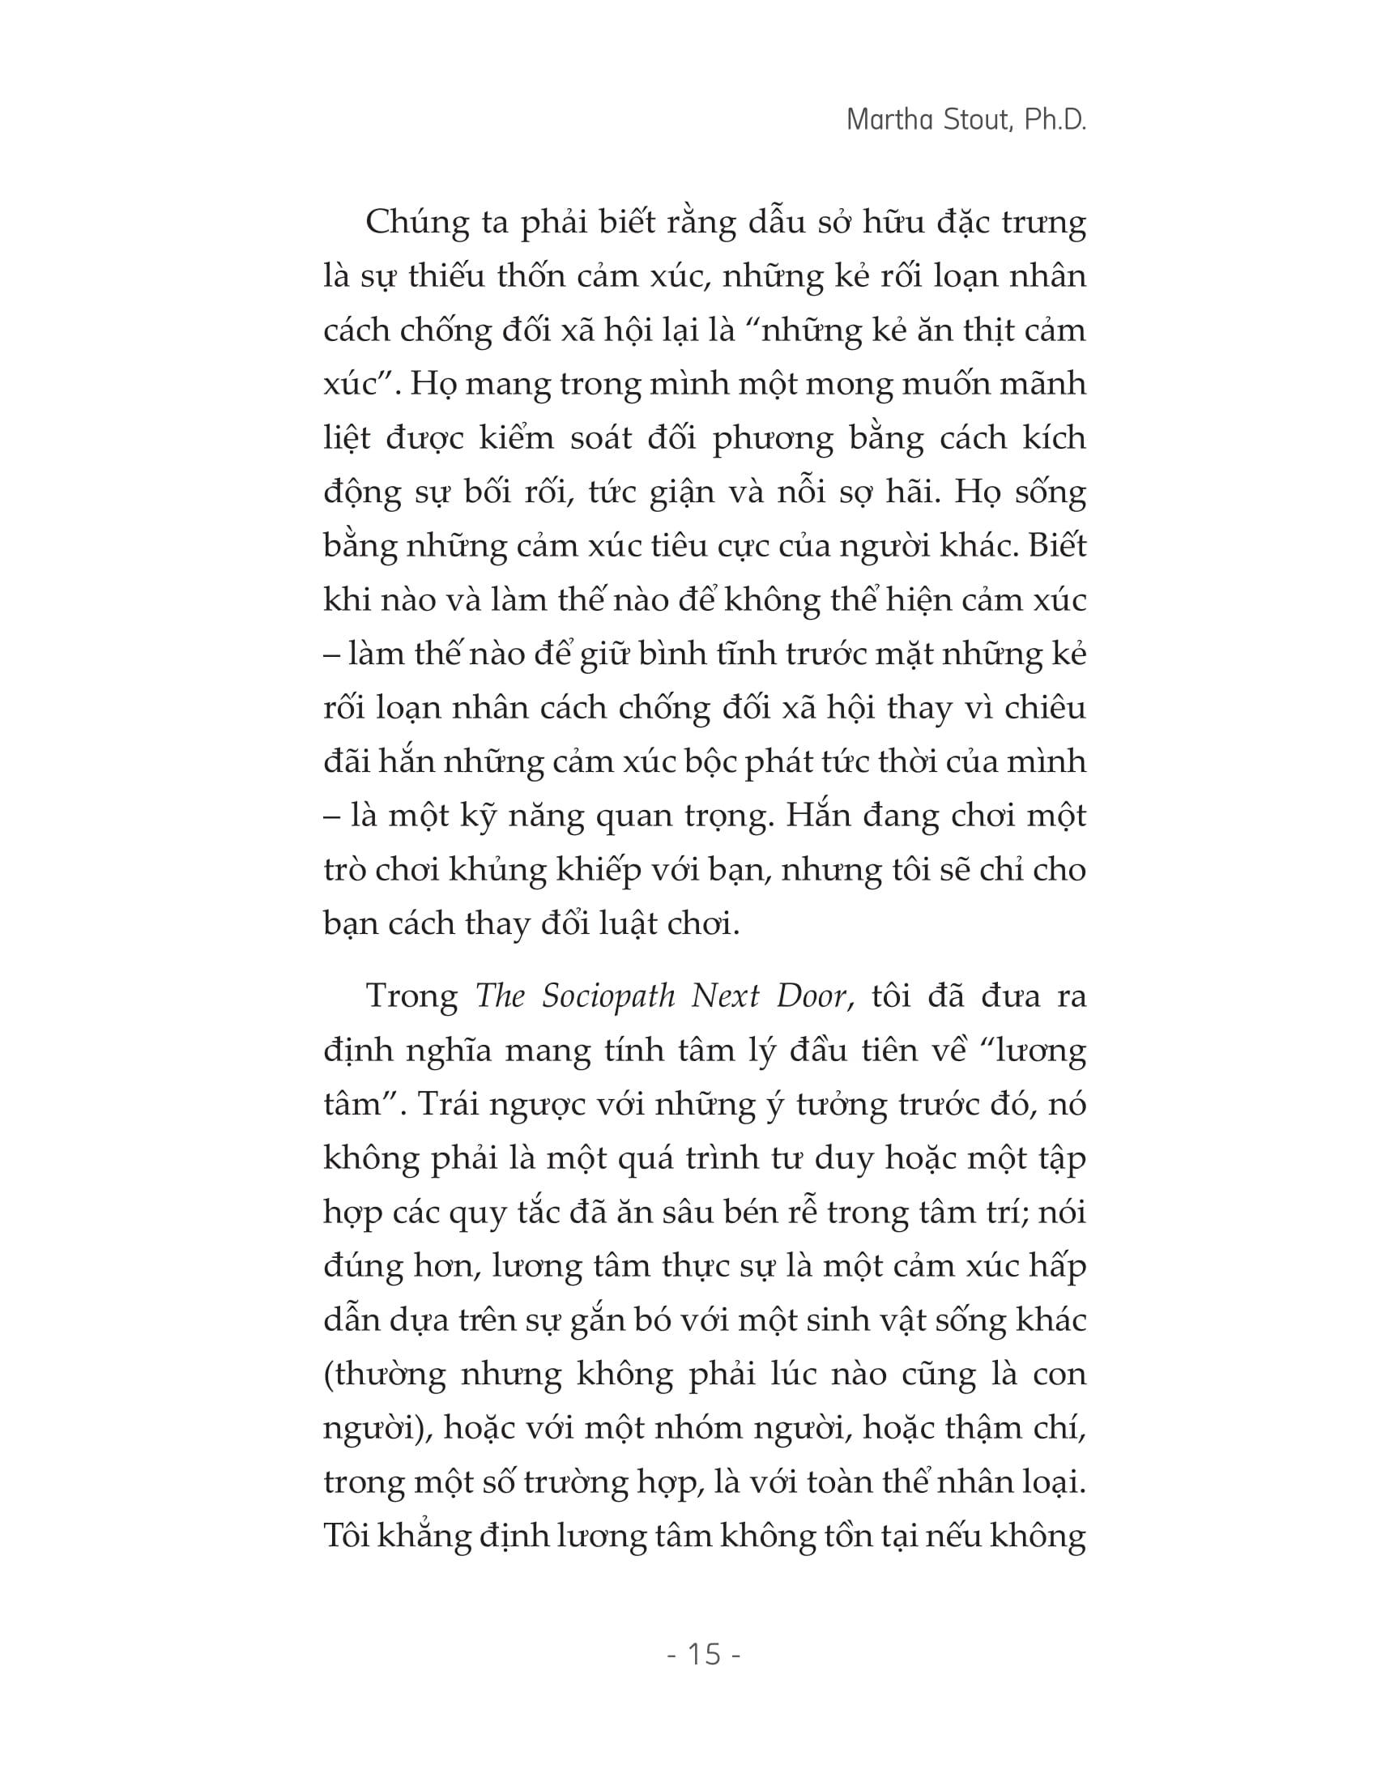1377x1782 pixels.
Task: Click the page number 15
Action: click(704, 1655)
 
